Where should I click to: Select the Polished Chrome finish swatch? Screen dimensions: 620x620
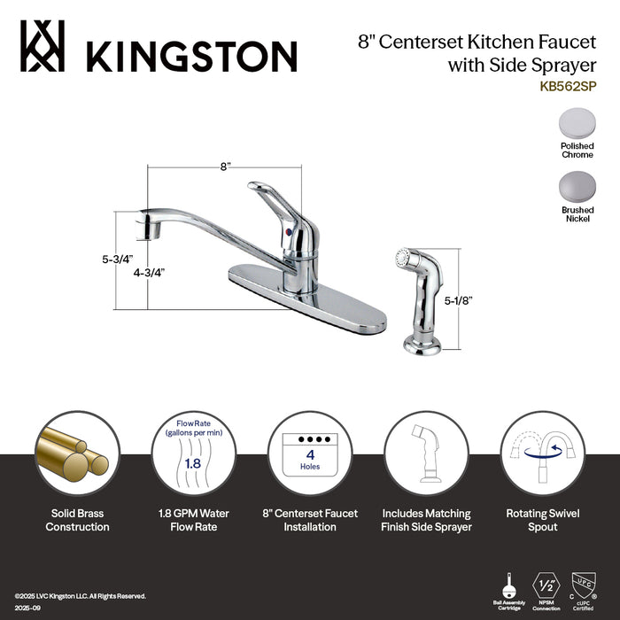577,123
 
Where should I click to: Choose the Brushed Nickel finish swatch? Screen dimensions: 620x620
577,186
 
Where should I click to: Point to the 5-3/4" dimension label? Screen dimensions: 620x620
115,260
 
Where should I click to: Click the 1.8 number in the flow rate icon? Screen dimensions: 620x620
191,461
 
